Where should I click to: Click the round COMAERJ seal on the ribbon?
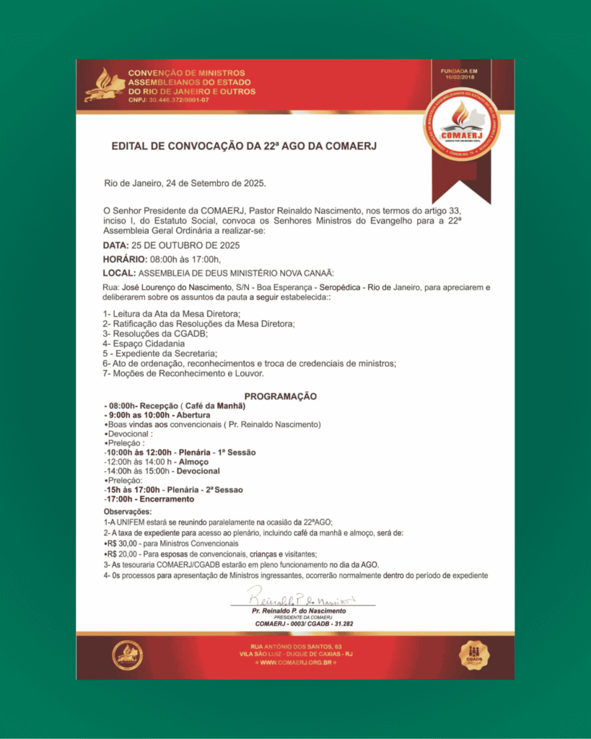(x=461, y=123)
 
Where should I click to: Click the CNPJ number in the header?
(x=169, y=100)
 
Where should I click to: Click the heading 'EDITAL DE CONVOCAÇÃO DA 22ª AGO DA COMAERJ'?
(x=244, y=147)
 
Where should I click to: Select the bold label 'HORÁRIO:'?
(x=125, y=259)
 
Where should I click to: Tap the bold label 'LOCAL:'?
(x=119, y=273)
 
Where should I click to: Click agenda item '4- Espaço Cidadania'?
(x=144, y=344)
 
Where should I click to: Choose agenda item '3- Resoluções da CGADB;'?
(x=155, y=333)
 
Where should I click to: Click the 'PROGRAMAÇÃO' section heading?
(x=281, y=396)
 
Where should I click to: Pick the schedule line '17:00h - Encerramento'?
(x=149, y=499)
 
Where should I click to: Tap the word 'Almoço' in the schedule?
(x=194, y=462)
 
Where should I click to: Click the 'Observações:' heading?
(x=128, y=512)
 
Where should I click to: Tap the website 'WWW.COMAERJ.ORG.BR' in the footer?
(x=295, y=663)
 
